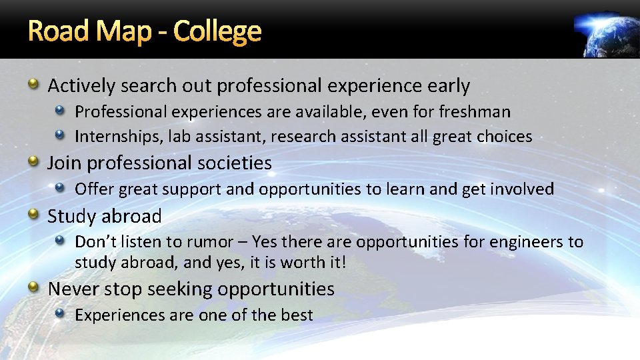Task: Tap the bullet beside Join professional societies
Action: click(x=33, y=161)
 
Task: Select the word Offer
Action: click(x=93, y=189)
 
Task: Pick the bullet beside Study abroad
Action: click(x=33, y=215)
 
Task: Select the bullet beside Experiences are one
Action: click(x=60, y=313)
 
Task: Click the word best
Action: click(x=296, y=315)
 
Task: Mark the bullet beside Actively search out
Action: click(x=33, y=85)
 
